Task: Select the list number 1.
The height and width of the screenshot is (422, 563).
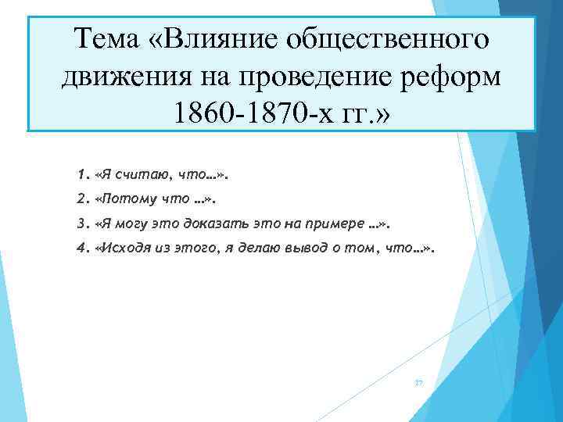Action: point(82,171)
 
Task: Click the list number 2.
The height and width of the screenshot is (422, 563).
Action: point(82,198)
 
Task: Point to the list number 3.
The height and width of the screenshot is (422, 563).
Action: point(82,224)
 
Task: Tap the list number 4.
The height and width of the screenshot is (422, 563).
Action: point(82,250)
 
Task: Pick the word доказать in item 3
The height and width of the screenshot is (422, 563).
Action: point(213,224)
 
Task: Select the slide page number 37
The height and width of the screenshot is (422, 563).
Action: point(418,382)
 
